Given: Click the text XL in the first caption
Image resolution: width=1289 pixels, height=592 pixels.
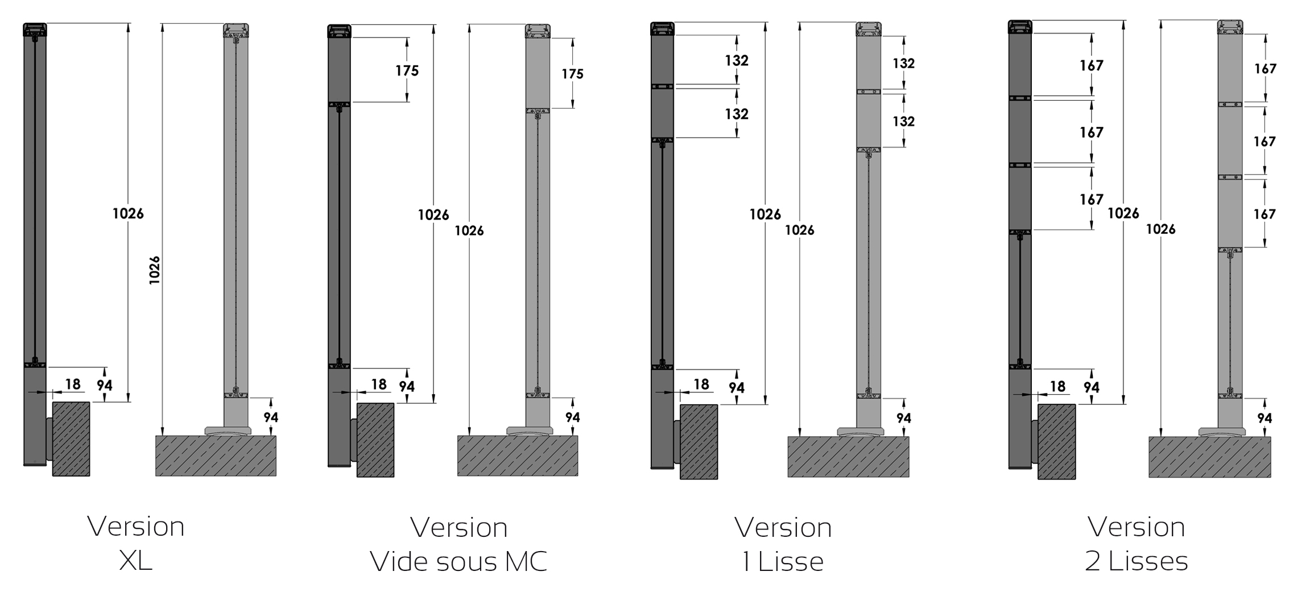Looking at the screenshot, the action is [x=136, y=561].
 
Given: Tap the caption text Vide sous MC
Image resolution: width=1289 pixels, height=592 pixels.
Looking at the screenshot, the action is [x=458, y=561].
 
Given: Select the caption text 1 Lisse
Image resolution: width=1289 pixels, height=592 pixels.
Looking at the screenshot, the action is [x=783, y=562].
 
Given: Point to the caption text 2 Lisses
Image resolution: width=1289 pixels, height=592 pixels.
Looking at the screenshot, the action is [x=1137, y=561].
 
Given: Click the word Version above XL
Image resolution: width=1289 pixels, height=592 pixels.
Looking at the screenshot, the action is [x=136, y=527].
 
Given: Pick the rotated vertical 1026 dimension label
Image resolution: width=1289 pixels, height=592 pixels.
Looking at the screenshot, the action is [x=154, y=270].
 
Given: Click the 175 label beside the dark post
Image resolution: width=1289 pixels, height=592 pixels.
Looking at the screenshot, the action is [x=407, y=71].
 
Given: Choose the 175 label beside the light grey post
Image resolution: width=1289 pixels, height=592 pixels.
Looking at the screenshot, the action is [x=572, y=73].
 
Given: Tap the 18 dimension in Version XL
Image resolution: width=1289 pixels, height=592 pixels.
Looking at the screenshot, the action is [x=73, y=384].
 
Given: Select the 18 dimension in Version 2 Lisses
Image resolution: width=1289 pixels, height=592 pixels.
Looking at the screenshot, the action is [x=1057, y=387].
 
